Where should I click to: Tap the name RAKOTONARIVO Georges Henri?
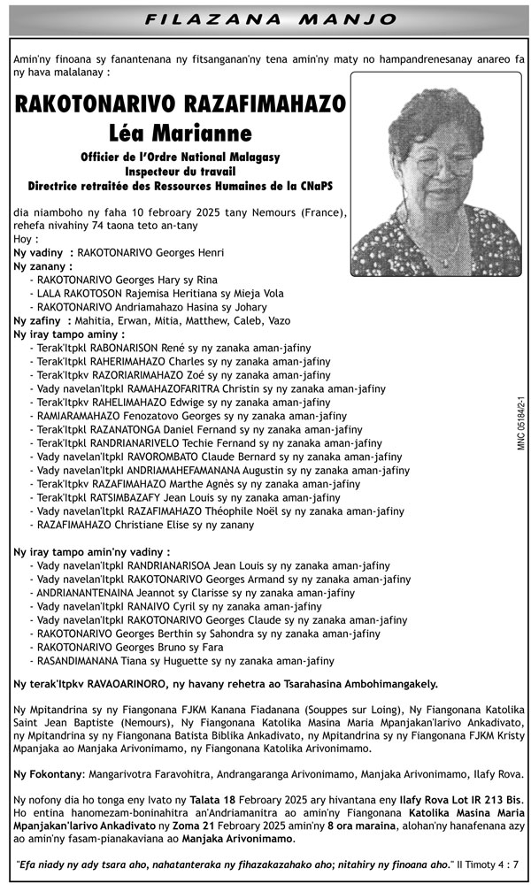click(x=150, y=252)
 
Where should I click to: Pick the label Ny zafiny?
click(x=39, y=321)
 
